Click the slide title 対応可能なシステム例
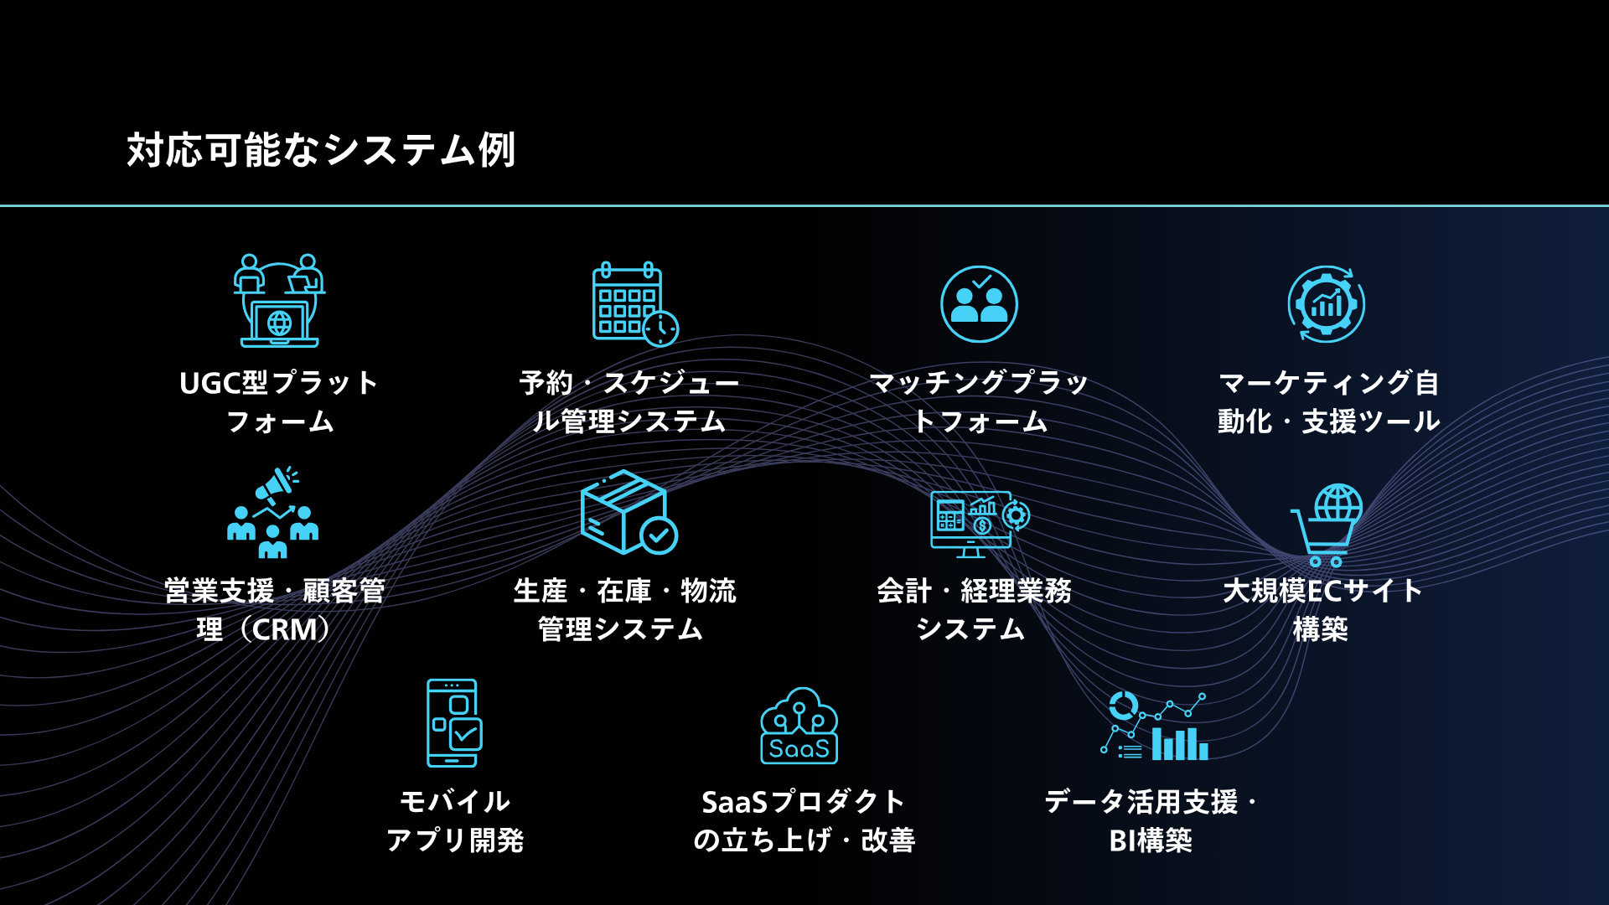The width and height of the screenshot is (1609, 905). tap(321, 151)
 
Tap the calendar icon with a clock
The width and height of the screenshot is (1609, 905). tap(635, 303)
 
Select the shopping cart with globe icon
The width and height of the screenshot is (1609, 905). tap(1327, 525)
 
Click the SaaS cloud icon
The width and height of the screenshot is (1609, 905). tap(799, 726)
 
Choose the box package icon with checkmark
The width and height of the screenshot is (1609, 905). tap(629, 512)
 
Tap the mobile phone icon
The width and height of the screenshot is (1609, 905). tap(454, 722)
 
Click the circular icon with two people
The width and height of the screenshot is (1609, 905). tap(979, 304)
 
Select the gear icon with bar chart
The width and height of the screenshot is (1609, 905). tap(1327, 304)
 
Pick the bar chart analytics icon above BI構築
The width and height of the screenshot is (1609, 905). tap(1155, 727)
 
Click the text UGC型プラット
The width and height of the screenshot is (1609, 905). tap(279, 383)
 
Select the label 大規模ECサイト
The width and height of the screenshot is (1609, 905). tap(1322, 591)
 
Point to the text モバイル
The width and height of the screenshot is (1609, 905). tap(454, 801)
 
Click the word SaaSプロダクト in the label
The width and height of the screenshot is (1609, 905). tap(803, 802)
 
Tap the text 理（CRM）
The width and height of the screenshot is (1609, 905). tap(264, 629)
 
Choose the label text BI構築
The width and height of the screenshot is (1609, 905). tap(1151, 840)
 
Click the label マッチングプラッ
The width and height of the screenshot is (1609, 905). tap(979, 383)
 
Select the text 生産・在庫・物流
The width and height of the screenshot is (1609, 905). tap(624, 591)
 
